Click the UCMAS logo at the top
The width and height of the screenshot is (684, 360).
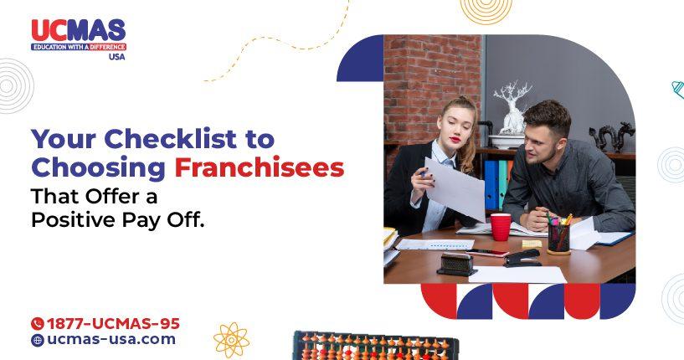[x=78, y=39]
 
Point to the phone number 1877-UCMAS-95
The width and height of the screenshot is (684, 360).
[x=112, y=323]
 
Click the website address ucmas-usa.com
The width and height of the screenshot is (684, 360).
[x=111, y=340]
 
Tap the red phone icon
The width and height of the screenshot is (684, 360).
[x=37, y=323]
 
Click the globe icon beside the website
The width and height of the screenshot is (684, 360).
[x=37, y=341]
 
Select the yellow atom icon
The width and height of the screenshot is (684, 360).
[x=231, y=340]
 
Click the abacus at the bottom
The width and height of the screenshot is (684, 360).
[x=376, y=346]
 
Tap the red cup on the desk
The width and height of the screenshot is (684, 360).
[x=501, y=226]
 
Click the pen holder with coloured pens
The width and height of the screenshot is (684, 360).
[x=558, y=237]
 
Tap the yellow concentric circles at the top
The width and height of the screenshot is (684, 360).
[x=486, y=8]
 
